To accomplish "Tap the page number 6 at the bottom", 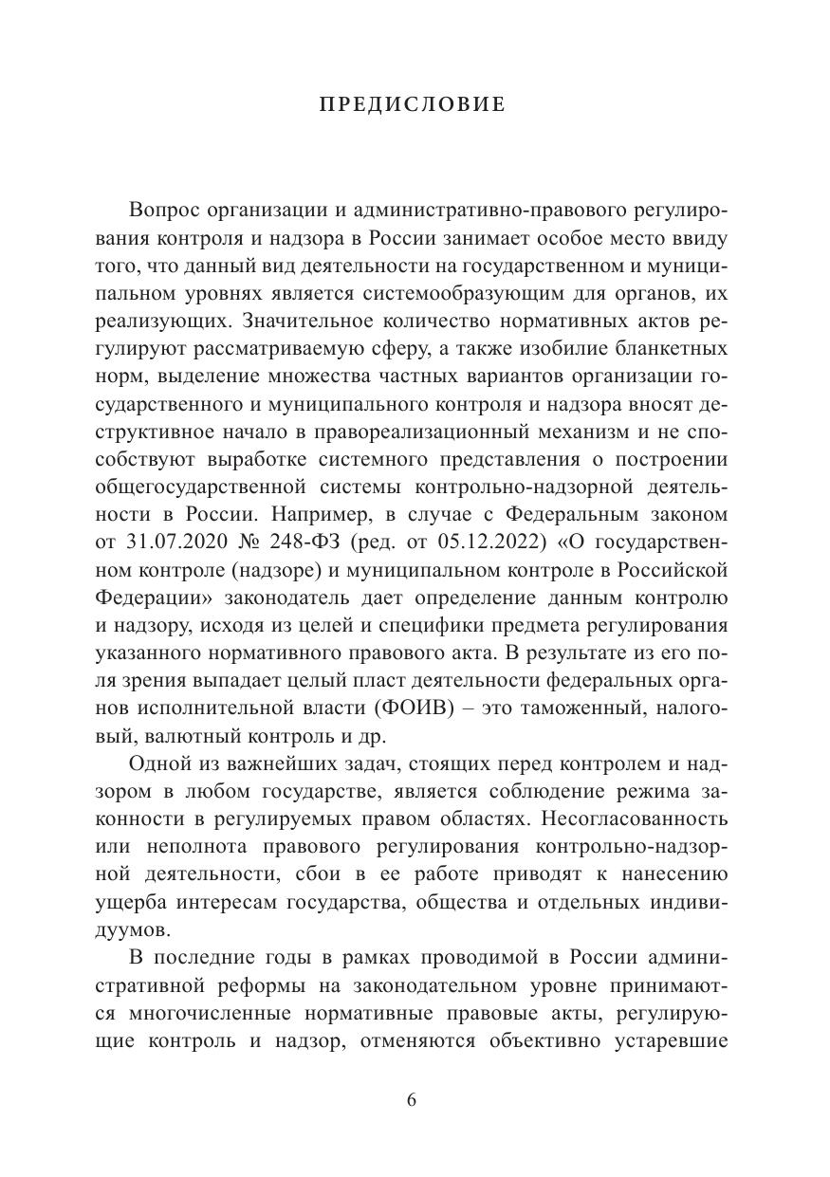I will pos(411,1101).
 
